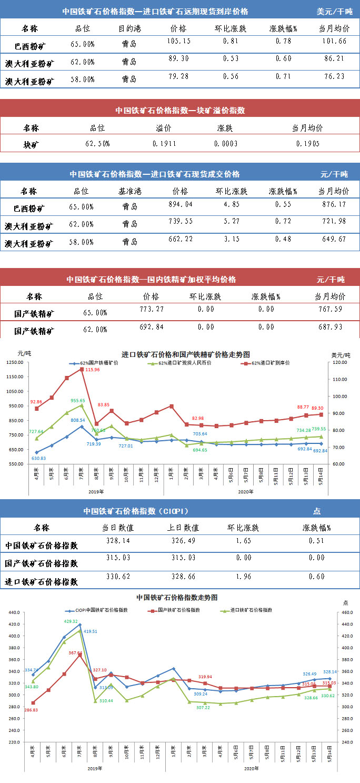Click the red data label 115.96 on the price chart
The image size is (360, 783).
tap(93, 370)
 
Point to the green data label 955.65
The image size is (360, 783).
tap(78, 400)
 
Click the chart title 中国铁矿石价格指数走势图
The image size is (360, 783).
tap(177, 598)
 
